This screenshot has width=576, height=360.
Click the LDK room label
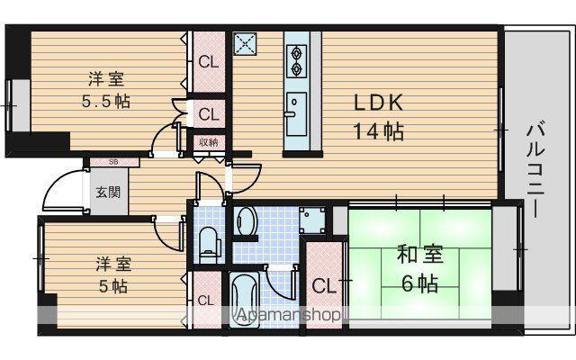(378, 103)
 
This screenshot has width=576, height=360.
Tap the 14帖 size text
(378, 131)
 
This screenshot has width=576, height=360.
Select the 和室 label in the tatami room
(420, 254)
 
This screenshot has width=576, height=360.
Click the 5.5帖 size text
(106, 101)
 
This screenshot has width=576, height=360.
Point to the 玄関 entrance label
(108, 192)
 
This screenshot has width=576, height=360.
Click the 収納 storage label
(209, 142)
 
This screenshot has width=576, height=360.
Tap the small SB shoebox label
(114, 162)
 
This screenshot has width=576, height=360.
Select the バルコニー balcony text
(535, 170)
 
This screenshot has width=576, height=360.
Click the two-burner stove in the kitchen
(296, 61)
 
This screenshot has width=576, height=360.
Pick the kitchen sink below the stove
(296, 114)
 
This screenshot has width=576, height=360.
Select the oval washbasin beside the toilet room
(246, 220)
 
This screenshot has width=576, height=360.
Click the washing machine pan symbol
(312, 220)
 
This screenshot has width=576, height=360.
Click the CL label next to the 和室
(324, 286)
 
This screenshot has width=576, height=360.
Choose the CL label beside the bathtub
(206, 301)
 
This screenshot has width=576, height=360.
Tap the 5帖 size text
(113, 286)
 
